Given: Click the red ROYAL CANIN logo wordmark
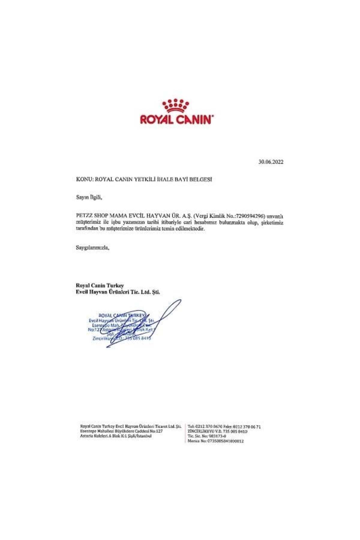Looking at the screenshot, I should click(176, 119).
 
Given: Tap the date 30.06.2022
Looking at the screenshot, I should click(271, 162).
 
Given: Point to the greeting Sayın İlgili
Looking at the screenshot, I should click(89, 198).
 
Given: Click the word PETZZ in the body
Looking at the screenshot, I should click(84, 216).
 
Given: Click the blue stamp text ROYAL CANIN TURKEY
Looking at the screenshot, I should click(121, 315).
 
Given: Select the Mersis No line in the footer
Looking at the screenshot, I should click(215, 441).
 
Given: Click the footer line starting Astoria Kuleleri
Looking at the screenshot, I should click(115, 436).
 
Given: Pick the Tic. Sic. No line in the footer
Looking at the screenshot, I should click(207, 436).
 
